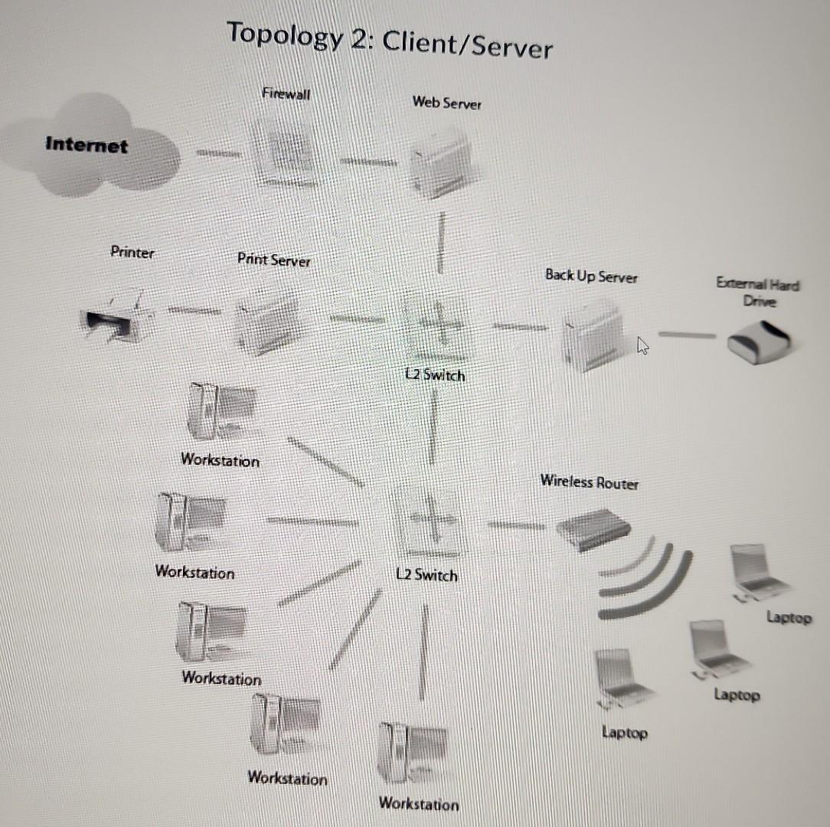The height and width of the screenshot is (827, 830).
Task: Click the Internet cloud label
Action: tap(87, 145)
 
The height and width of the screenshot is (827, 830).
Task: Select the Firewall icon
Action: tap(285, 155)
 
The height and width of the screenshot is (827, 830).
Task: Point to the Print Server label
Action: tap(274, 260)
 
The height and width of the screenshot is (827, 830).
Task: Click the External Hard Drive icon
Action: tap(760, 341)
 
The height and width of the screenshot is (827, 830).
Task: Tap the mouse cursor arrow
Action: tap(642, 347)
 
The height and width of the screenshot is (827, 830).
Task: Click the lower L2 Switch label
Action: tap(427, 574)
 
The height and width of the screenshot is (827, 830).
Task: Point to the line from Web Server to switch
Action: tap(442, 243)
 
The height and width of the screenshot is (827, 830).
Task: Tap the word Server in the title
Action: tap(511, 48)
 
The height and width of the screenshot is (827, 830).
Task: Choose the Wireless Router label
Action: tap(589, 482)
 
